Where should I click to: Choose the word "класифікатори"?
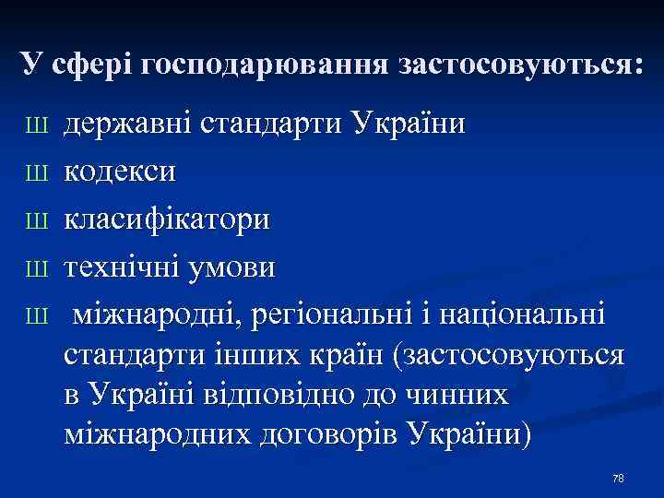point(167,219)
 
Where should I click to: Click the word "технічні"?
point(125,267)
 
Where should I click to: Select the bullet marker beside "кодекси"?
point(37,172)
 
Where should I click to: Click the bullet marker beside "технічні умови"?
point(37,268)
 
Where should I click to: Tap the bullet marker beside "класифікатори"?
point(37,220)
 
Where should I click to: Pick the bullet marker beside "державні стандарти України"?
point(37,124)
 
